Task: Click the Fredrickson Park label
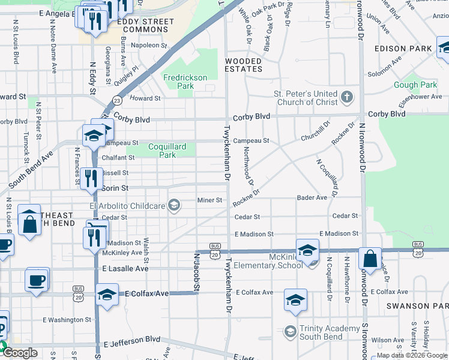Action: click(x=185, y=82)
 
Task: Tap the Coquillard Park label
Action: click(x=167, y=151)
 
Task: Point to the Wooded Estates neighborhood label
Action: click(x=243, y=65)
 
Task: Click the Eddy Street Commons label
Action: click(x=146, y=26)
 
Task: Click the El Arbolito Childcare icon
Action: click(x=174, y=206)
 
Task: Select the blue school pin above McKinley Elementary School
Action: click(x=307, y=250)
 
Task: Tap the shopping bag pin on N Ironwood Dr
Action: click(x=370, y=259)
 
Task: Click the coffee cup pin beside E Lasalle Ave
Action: click(x=37, y=280)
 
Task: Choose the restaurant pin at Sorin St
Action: click(x=91, y=178)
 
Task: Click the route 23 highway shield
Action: click(x=117, y=101)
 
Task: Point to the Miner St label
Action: click(x=211, y=200)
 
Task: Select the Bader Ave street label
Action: click(x=312, y=197)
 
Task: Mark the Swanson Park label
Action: click(x=417, y=305)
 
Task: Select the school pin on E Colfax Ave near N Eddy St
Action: click(x=107, y=295)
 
